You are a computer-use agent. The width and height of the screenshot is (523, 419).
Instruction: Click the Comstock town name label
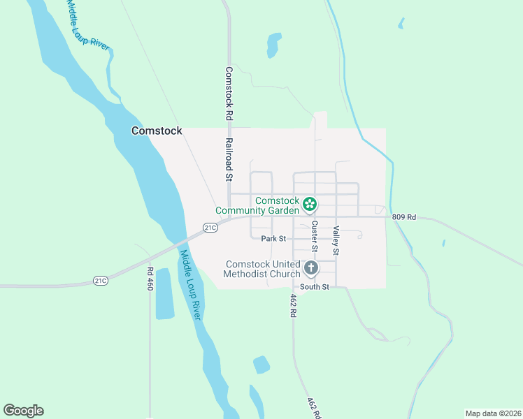coord(157,131)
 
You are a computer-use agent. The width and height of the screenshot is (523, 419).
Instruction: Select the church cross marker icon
coord(311,267)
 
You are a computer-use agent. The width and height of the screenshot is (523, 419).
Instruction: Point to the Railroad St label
coord(229,159)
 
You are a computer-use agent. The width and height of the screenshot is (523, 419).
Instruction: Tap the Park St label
coord(273,239)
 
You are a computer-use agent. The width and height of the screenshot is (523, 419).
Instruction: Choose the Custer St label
coord(315,236)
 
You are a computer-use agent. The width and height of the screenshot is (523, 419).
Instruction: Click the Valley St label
coord(336,240)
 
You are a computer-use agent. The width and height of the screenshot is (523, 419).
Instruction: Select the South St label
coord(314,286)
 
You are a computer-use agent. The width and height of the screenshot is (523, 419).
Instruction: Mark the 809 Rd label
coord(404,217)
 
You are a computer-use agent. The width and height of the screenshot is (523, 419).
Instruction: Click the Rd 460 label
coord(150,279)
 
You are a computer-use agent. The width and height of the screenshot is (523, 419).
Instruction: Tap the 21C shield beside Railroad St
coord(210,227)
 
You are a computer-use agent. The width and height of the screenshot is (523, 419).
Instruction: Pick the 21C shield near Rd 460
coord(101,281)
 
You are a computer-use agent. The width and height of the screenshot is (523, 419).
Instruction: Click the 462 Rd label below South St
coord(294,305)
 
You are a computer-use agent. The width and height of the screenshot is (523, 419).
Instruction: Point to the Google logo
coord(23,411)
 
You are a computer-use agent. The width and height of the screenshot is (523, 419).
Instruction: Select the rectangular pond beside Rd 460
coord(164,293)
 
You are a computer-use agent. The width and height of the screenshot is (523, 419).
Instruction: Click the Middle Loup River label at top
coord(88,24)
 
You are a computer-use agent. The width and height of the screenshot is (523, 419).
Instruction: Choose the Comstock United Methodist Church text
coord(262,269)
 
